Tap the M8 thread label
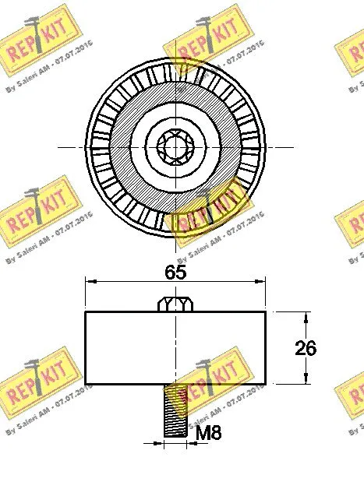point(207,434)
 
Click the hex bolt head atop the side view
point(175,304)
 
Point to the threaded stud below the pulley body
point(176,412)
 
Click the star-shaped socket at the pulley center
point(175,146)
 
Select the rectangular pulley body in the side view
point(175,347)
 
